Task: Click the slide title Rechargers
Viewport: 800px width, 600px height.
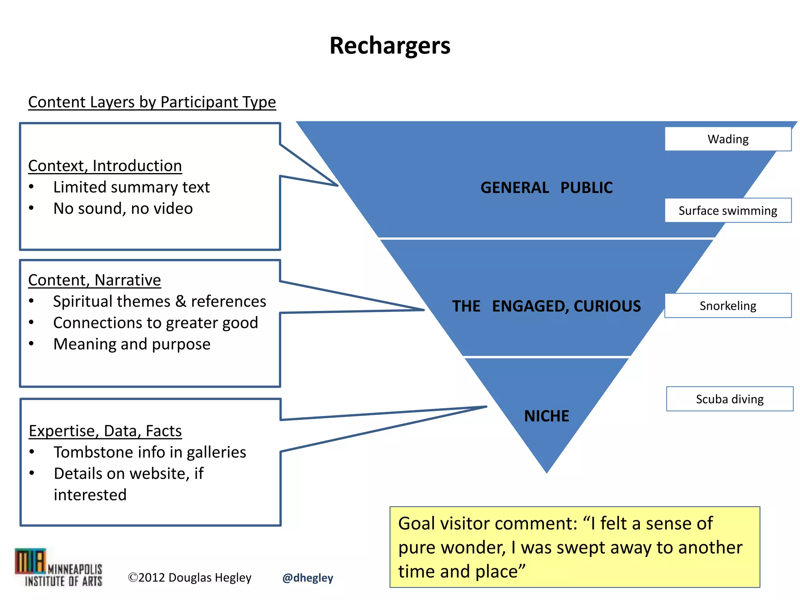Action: (x=390, y=46)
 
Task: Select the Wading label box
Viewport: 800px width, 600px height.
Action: (x=728, y=139)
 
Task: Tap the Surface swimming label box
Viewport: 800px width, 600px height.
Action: (x=728, y=211)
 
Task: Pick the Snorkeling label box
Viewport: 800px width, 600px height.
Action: (x=728, y=305)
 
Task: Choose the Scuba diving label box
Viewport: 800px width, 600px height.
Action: (x=729, y=399)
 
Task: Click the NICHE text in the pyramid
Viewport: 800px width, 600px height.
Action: (x=546, y=416)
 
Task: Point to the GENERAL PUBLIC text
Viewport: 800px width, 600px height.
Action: (x=546, y=188)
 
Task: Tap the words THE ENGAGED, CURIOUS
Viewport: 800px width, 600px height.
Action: (x=546, y=306)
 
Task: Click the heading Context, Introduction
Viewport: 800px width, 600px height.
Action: (x=105, y=166)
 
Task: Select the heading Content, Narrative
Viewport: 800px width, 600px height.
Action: (x=95, y=280)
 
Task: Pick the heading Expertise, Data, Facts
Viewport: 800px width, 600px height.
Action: (x=105, y=431)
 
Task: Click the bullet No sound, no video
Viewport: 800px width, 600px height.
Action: (x=123, y=209)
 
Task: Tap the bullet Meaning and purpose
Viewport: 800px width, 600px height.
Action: (x=132, y=344)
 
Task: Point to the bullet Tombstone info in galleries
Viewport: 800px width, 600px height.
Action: (x=150, y=452)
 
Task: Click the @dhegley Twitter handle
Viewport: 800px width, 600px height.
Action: (x=308, y=578)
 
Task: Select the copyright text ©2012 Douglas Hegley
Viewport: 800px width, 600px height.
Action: (x=190, y=578)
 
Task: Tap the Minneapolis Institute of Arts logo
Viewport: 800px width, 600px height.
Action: (x=59, y=568)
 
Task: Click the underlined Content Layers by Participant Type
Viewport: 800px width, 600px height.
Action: (x=152, y=102)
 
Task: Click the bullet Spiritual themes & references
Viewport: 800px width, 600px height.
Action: (x=159, y=302)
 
